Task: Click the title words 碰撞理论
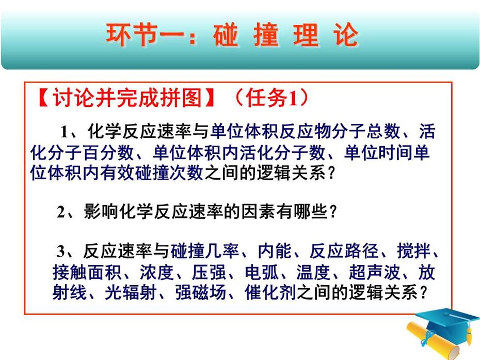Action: click(285, 35)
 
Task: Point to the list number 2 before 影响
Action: click(61, 212)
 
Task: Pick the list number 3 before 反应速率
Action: click(60, 251)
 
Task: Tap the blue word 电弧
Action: click(262, 272)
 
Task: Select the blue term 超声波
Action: click(374, 272)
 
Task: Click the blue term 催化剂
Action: click(270, 292)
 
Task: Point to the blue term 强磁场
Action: click(201, 292)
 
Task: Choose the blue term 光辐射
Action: click(131, 292)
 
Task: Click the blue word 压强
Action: click(209, 272)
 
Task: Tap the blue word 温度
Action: click(313, 272)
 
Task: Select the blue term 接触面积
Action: click(87, 272)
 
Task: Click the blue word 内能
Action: click(275, 251)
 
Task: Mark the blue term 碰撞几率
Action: click(204, 251)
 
